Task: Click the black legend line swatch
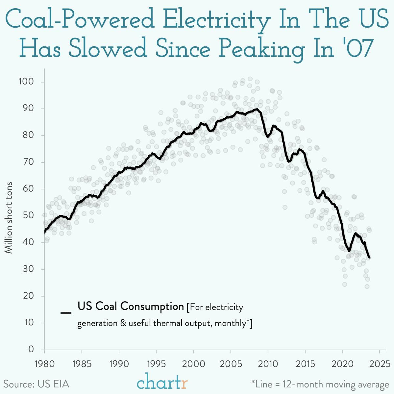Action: point(66,312)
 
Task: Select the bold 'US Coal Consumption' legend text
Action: point(131,307)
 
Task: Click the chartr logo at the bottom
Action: point(162,383)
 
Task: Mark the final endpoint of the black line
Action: point(370,257)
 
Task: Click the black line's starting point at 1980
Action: point(44,232)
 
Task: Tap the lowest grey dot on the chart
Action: point(367,286)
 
